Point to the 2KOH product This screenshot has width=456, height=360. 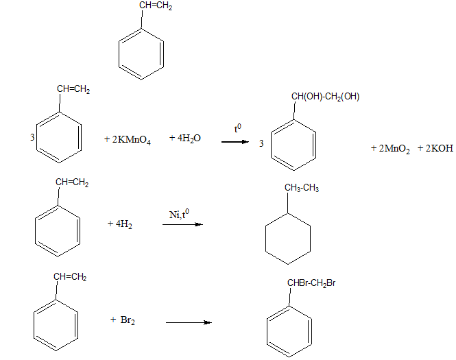click(x=435, y=147)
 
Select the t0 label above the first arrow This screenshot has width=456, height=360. click(x=237, y=128)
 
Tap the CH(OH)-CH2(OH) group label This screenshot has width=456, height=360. click(x=325, y=97)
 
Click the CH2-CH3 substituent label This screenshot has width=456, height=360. click(x=302, y=188)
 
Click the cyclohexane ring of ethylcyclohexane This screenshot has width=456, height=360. click(x=288, y=238)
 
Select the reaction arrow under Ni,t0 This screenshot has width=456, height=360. click(x=182, y=224)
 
